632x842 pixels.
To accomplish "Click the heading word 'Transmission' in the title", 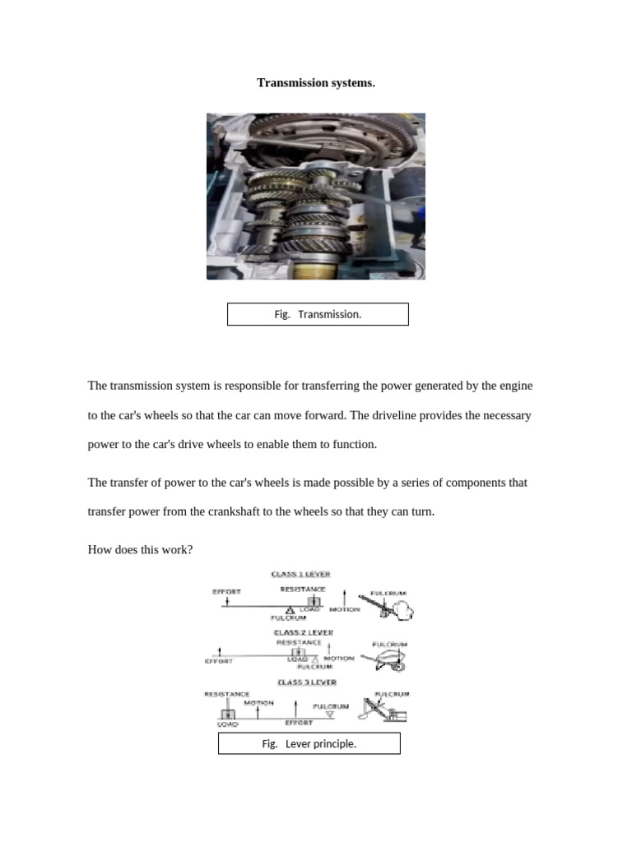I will [290, 82].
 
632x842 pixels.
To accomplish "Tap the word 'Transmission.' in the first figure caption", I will [329, 314].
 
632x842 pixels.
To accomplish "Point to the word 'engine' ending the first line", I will [516, 386].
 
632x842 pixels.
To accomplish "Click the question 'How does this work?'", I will [140, 548].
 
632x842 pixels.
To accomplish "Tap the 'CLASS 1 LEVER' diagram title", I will [301, 574].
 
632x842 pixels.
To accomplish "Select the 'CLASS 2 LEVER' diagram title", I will [303, 632].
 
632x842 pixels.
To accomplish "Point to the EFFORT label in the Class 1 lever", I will [226, 591].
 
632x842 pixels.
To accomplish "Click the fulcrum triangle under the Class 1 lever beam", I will [290, 610].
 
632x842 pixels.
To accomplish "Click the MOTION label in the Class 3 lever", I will [258, 703].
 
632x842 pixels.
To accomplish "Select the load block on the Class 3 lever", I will [228, 714].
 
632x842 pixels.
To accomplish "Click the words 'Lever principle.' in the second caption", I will [320, 743].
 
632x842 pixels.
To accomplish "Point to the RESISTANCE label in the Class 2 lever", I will [299, 642].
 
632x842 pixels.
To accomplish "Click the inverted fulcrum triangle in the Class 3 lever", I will [330, 715].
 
